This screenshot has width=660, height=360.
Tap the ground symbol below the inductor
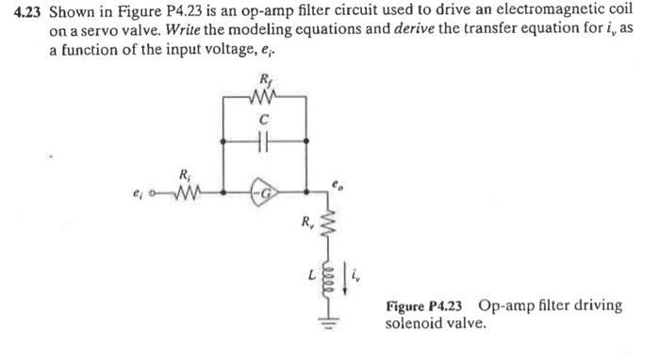click(x=325, y=319)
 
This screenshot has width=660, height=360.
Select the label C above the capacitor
click(x=265, y=120)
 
